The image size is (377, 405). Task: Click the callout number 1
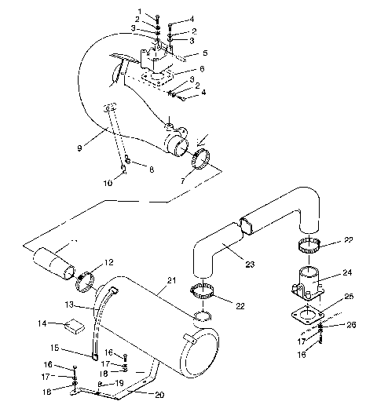point(140,11)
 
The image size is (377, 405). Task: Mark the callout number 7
point(183,181)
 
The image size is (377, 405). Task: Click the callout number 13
point(68,305)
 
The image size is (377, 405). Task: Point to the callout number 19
point(119,383)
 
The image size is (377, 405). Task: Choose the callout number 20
point(160,394)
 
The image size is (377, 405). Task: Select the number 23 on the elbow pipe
point(250,265)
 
